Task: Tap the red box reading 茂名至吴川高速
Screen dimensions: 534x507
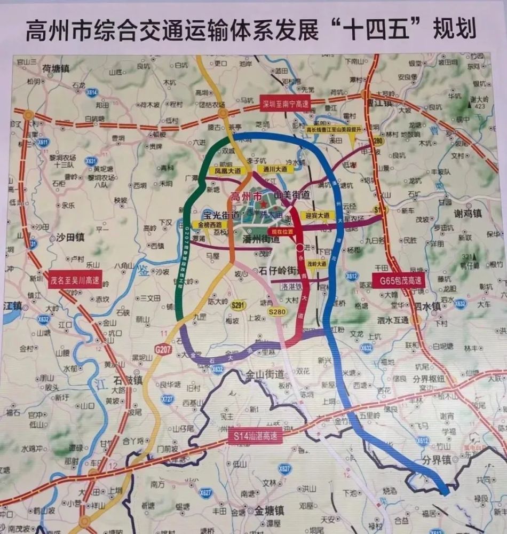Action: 75,279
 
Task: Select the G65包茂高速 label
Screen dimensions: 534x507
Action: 398,280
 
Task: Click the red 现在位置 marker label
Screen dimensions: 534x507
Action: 283,232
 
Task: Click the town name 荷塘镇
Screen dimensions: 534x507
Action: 56,69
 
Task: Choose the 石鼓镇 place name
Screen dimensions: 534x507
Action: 127,380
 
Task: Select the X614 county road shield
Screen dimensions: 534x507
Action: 92,92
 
